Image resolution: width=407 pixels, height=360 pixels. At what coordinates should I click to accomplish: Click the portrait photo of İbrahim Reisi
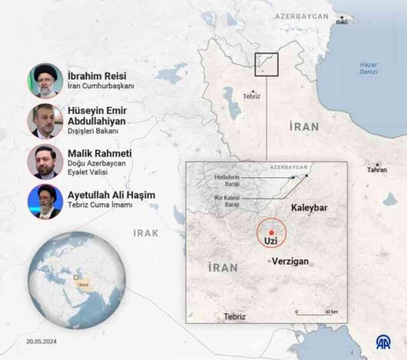[45, 80]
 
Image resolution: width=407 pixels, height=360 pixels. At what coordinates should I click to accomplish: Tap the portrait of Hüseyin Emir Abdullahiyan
[45, 121]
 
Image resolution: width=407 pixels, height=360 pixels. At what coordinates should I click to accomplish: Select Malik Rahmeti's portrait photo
[45, 162]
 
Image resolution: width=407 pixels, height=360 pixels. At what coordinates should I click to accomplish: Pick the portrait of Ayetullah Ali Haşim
[45, 202]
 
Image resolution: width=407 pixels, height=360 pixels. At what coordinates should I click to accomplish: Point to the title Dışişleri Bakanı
[93, 131]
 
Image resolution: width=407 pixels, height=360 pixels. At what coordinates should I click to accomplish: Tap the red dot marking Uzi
[272, 232]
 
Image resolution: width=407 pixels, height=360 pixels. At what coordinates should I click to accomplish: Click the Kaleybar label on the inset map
[308, 207]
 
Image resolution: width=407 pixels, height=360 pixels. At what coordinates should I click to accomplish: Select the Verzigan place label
[291, 261]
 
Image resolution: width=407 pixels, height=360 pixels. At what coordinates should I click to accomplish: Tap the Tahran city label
[377, 170]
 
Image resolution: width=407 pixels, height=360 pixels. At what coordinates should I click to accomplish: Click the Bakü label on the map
[342, 22]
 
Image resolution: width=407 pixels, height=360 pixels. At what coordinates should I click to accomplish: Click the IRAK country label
[146, 233]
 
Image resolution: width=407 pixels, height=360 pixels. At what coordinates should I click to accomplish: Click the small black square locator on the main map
[267, 65]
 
